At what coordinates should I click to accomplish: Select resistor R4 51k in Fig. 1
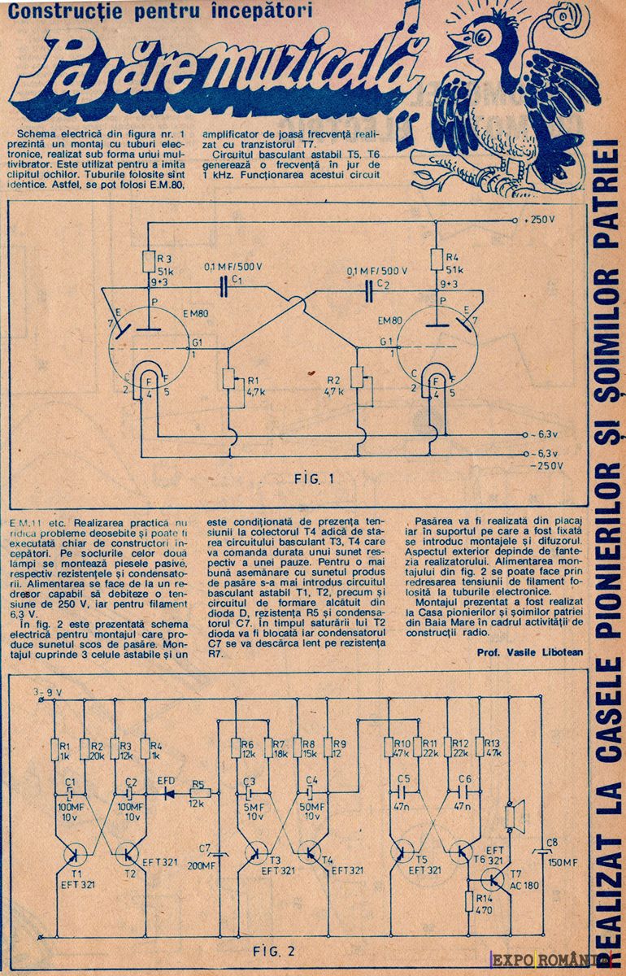click(x=437, y=259)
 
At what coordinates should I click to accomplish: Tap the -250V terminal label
click(x=546, y=465)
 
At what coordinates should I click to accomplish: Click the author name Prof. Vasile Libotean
click(x=528, y=653)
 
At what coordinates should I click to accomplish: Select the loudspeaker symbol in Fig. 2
click(x=513, y=816)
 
